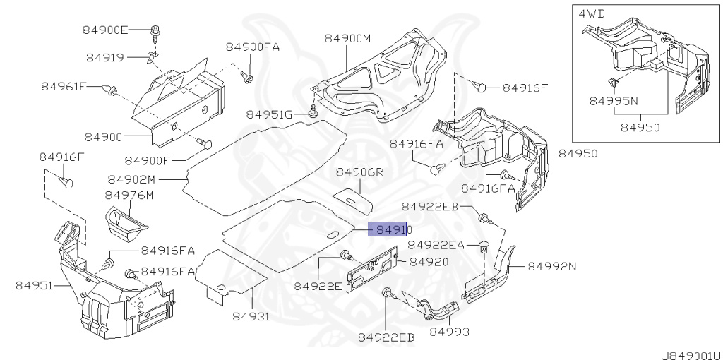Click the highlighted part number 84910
(390, 229)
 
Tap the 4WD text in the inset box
(592, 13)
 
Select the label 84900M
(347, 38)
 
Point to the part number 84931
(251, 317)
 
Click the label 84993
(450, 332)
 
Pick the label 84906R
(359, 172)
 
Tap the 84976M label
(129, 196)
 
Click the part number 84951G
(269, 114)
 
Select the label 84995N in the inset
(614, 101)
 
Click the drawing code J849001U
(691, 355)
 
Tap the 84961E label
(64, 86)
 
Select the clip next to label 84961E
(109, 90)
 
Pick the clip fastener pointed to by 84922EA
(483, 246)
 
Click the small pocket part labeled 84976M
(124, 223)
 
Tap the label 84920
(429, 262)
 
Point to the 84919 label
(105, 58)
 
